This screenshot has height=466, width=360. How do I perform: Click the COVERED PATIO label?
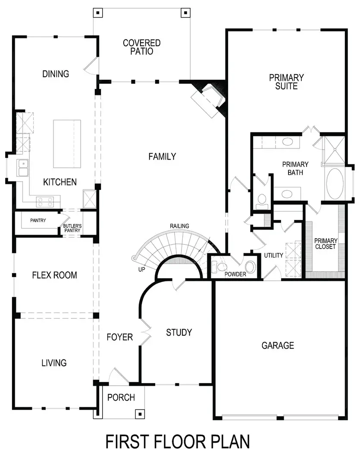tap(141, 47)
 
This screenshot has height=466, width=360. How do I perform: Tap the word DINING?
tap(56, 74)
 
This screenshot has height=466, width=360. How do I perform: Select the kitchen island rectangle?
tap(67, 144)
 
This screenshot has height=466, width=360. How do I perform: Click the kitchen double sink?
tap(22, 168)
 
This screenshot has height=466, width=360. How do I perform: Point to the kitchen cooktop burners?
tap(45, 201)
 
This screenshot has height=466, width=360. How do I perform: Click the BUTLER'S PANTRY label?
tap(72, 228)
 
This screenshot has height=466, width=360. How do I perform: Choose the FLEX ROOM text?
tap(54, 275)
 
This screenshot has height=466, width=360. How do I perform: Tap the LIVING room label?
tap(54, 362)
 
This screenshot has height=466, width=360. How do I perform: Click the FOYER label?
tap(119, 337)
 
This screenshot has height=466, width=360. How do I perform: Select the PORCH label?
tap(121, 397)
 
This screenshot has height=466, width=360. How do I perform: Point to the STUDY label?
tap(179, 332)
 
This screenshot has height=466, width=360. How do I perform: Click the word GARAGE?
tap(278, 345)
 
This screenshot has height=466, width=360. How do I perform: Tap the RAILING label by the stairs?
tap(179, 226)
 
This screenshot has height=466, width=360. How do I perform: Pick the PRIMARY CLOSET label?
tap(326, 243)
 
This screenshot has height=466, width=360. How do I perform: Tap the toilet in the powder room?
tap(221, 267)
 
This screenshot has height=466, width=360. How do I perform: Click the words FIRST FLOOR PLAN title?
tap(178, 442)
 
